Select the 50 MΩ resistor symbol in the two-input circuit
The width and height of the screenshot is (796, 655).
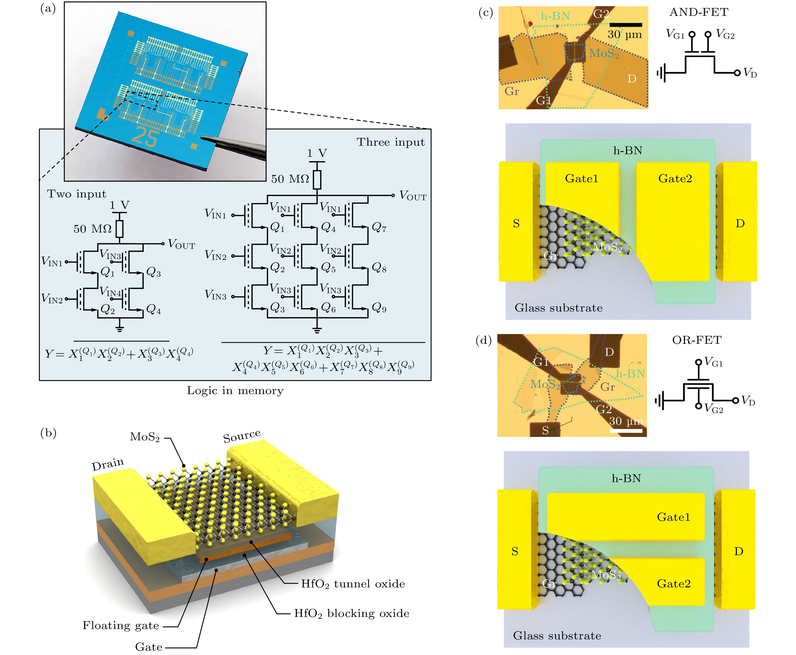coord(119,229)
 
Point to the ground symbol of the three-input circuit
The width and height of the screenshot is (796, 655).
coord(317,330)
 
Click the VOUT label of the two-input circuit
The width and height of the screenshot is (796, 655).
coord(181,244)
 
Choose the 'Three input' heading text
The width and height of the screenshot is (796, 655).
coord(390,142)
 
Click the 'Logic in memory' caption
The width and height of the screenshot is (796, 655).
coord(235,391)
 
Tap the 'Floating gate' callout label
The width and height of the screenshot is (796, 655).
coord(121,626)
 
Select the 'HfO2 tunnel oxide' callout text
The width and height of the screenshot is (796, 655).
coord(353,584)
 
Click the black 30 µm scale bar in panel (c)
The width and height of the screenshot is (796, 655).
coord(625,25)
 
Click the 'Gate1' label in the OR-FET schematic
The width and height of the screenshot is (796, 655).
coord(673,517)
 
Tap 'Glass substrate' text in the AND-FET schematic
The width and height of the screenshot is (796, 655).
coord(558,308)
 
